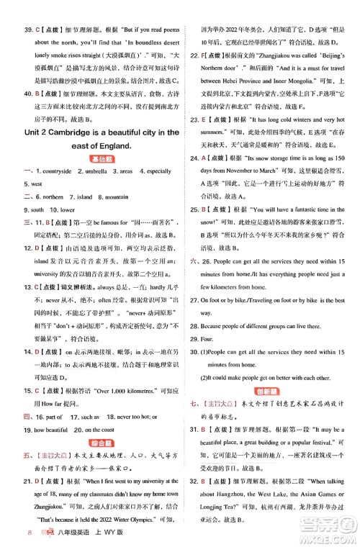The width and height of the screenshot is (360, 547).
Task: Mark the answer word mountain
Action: pyautogui.click(x=122, y=196)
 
